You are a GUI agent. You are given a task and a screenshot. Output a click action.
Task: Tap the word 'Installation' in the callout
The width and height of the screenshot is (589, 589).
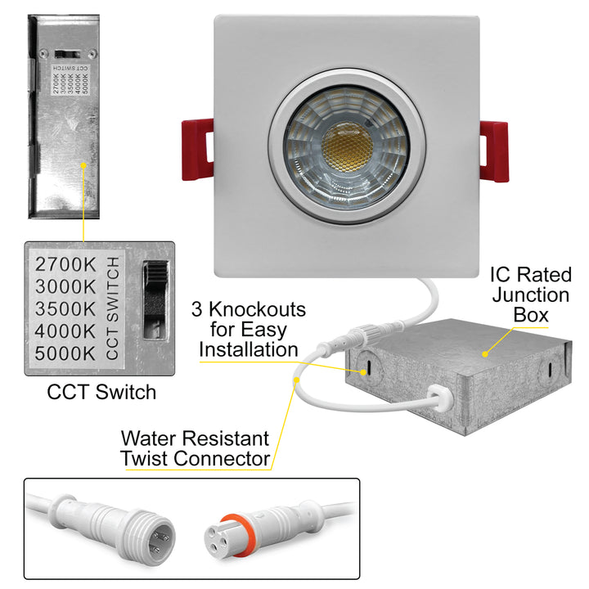tap(249, 350)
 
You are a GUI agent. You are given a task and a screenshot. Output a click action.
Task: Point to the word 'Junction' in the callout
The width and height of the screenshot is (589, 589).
tap(531, 294)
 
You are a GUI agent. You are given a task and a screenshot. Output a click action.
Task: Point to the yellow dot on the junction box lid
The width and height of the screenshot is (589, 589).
tap(484, 353)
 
